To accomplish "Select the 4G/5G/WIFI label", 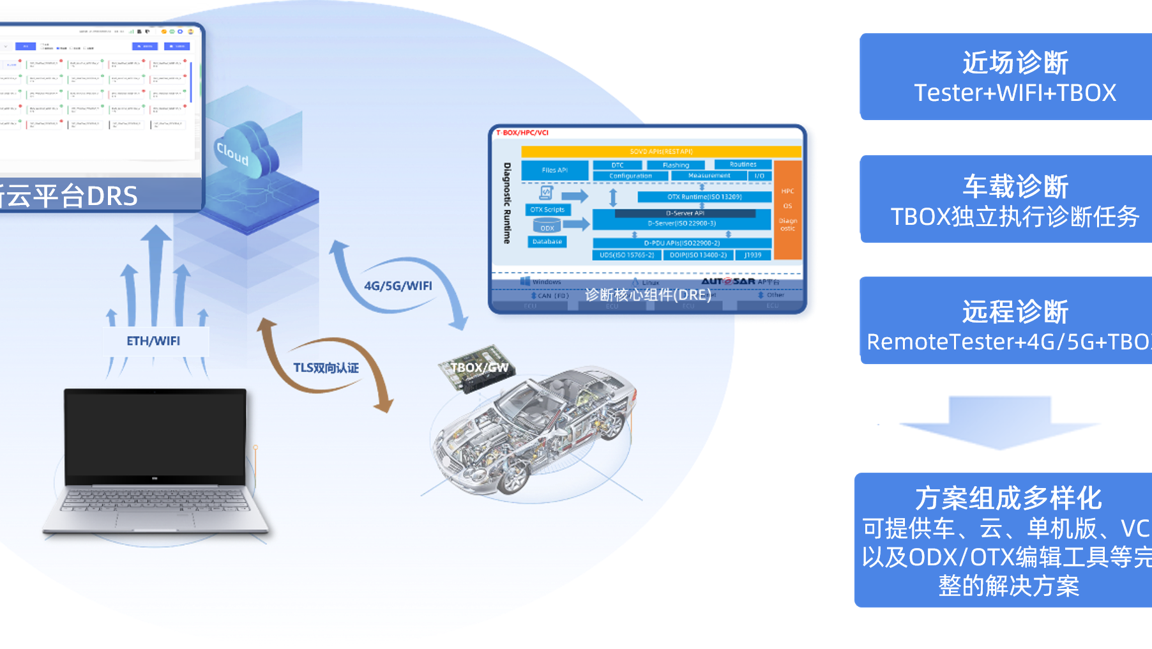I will [398, 286].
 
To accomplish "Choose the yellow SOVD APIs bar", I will [661, 151].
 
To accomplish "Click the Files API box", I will [554, 170].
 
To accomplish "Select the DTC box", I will [617, 165].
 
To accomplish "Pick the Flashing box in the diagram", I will [676, 165].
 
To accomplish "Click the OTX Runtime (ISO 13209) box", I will [704, 197].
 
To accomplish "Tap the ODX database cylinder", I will [547, 225].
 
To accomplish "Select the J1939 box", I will [753, 255].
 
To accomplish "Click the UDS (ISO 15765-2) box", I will [626, 255].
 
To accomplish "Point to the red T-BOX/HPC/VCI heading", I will [522, 133].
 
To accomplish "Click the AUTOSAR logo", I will [728, 281].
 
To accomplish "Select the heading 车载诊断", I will [1015, 187].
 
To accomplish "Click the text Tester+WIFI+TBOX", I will [1015, 93].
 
